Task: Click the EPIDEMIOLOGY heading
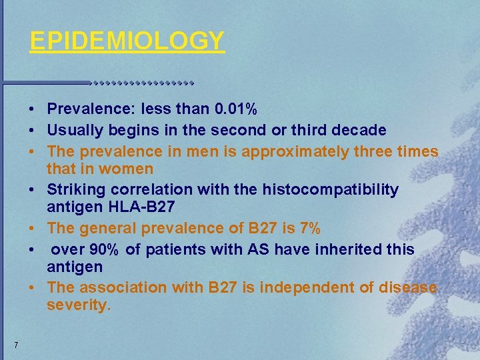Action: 127,41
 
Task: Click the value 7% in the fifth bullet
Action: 310,229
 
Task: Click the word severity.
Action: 78,306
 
